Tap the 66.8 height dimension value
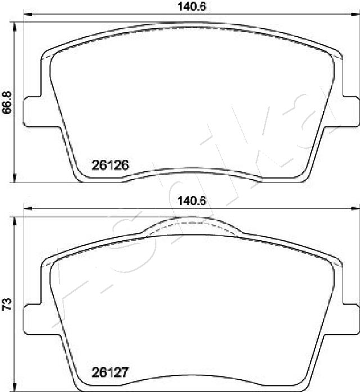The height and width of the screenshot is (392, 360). pos(7,102)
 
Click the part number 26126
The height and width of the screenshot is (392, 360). pos(111,165)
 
